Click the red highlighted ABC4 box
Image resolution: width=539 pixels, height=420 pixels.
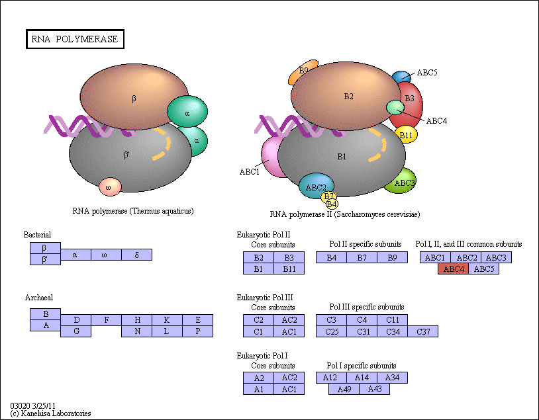[x=453, y=269]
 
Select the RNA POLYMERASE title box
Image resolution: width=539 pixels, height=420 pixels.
[x=75, y=39]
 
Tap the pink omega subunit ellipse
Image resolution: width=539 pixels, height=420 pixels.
[x=110, y=187]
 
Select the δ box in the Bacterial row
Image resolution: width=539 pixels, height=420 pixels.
[x=137, y=255]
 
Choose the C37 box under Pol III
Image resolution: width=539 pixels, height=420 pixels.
[x=423, y=331]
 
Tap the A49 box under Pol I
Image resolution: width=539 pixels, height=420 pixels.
[x=344, y=389]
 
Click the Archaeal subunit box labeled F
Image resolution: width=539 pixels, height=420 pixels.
[x=106, y=320]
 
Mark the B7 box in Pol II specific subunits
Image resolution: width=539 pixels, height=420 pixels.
[x=362, y=257]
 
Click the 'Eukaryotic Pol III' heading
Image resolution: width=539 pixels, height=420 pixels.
[x=265, y=298]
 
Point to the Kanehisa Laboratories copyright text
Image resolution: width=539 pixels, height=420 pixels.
[x=50, y=413]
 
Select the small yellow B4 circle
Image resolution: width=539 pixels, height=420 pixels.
[x=332, y=204]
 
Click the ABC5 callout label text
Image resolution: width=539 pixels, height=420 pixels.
[x=427, y=73]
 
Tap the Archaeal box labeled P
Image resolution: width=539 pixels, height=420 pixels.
[x=198, y=331]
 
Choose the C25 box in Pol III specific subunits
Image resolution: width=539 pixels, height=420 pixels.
[x=331, y=331]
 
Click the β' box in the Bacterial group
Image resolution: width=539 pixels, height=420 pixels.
[x=45, y=259]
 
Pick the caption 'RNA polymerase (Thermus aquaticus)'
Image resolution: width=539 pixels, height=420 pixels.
[x=133, y=211]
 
